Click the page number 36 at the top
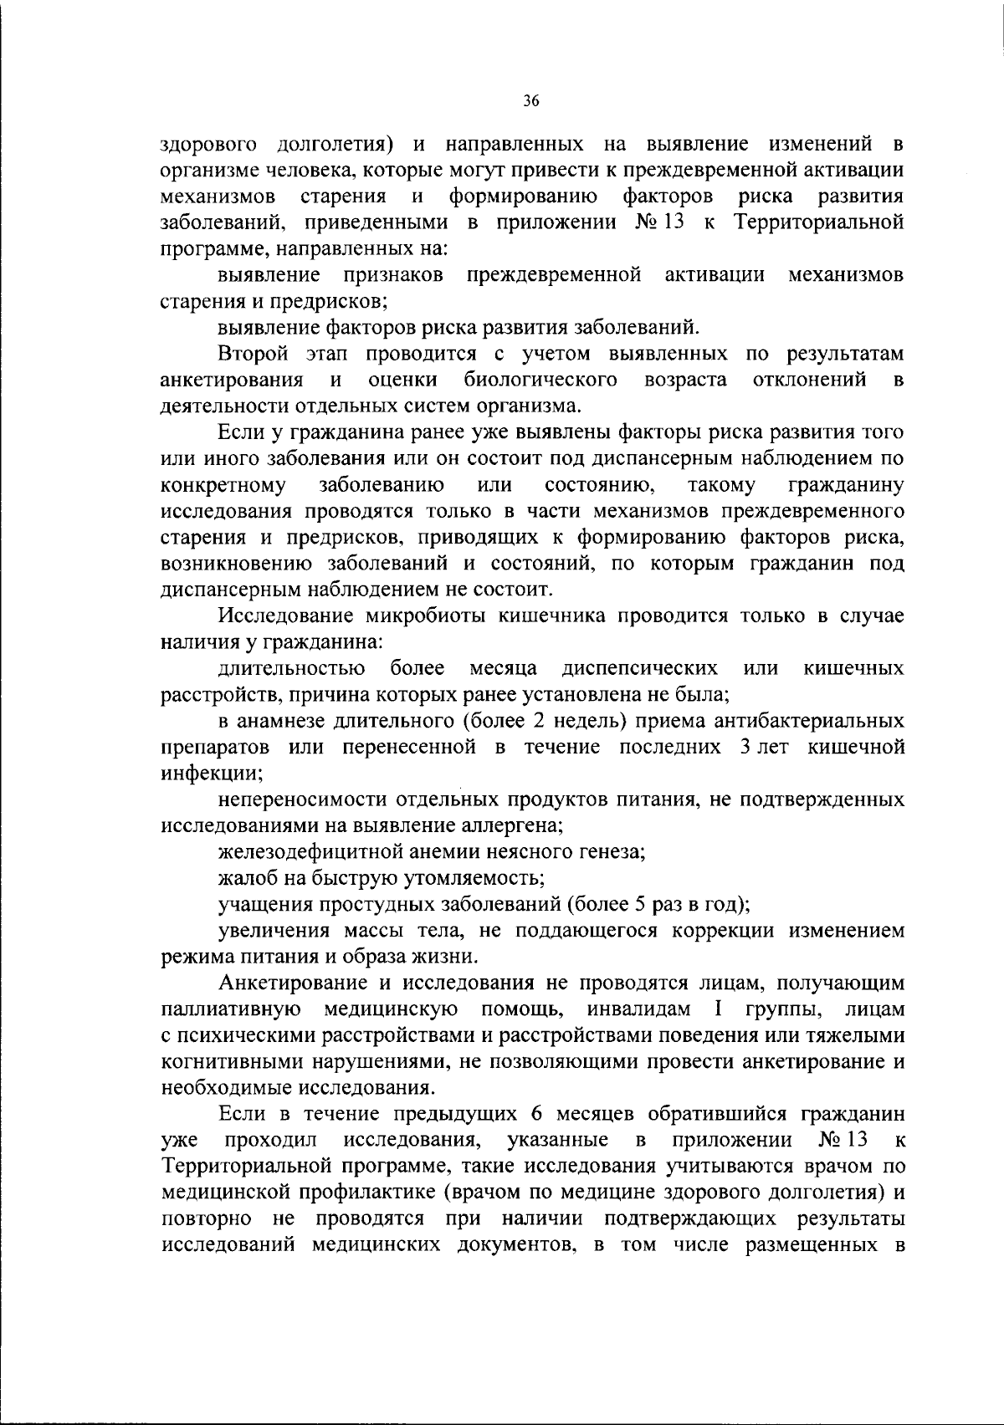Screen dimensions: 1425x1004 [x=530, y=102]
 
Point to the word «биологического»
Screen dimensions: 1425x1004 [x=541, y=381]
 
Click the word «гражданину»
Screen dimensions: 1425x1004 [x=846, y=485]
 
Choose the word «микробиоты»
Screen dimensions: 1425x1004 [x=427, y=616]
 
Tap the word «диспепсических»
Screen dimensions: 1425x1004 [x=640, y=668]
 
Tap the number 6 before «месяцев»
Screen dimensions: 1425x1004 [x=536, y=1114]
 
